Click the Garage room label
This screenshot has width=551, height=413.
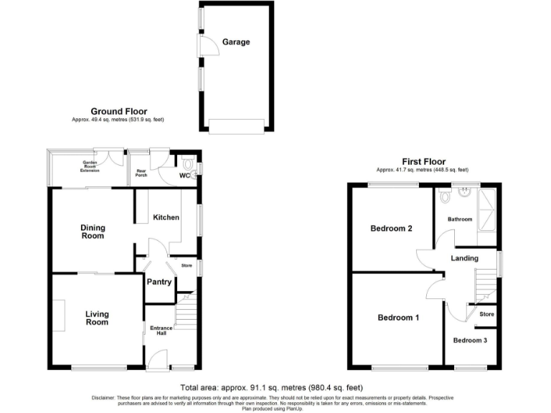coord(235,42)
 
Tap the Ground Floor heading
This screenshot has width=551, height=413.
coord(118,111)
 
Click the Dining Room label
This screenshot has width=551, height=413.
coord(92,232)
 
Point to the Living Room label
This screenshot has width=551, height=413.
coord(97,318)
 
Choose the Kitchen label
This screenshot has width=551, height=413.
coord(166,217)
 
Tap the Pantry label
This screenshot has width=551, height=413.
coord(159,282)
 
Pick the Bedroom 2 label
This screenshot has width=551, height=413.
coord(391,229)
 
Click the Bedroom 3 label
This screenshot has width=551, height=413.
coord(470,340)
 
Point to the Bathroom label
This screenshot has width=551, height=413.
coord(460,219)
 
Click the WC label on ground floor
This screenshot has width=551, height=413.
coord(184,176)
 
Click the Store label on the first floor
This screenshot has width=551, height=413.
coord(486,314)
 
